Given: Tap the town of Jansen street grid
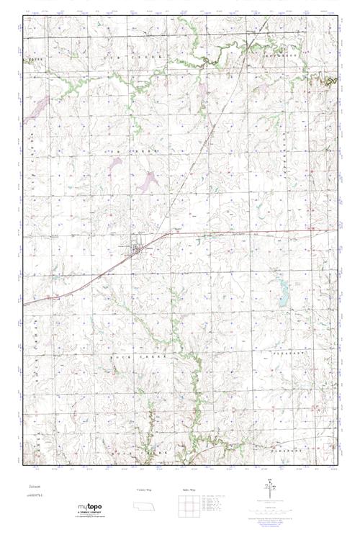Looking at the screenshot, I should pos(135,246).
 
